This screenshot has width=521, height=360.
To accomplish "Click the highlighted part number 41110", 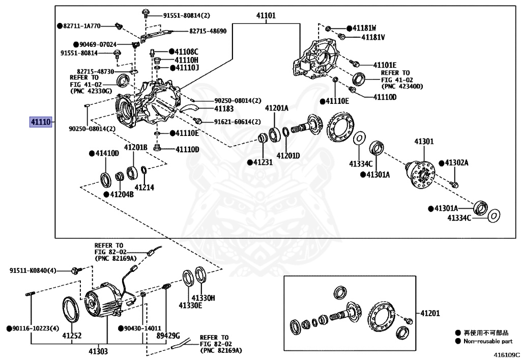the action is click(x=41, y=122).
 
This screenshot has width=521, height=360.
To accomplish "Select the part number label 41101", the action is click(x=266, y=15).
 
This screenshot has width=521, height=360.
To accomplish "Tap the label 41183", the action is click(x=224, y=108).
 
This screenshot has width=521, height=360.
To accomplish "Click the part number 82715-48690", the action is click(x=208, y=31).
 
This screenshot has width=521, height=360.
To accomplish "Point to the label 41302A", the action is click(x=457, y=162).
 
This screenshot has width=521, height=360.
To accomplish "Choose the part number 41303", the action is click(x=98, y=351).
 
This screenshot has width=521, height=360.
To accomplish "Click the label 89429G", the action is click(x=168, y=336).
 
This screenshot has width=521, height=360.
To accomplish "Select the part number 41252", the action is click(x=72, y=336).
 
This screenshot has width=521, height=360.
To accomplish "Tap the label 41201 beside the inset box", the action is click(x=430, y=313).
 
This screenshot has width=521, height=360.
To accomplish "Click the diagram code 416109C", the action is click(x=506, y=355).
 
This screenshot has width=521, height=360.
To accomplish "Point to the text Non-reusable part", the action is click(x=488, y=341).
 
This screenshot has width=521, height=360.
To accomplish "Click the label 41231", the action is click(x=263, y=162).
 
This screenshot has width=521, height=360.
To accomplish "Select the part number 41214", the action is click(x=144, y=187).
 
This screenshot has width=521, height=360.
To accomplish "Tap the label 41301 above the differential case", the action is click(x=424, y=142).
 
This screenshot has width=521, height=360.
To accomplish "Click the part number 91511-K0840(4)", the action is click(x=33, y=270).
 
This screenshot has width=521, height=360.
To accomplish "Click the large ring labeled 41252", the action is click(x=71, y=310).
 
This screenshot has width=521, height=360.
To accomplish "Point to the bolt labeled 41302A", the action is click(x=454, y=184).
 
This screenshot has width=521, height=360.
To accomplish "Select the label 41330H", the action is click(x=203, y=298).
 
